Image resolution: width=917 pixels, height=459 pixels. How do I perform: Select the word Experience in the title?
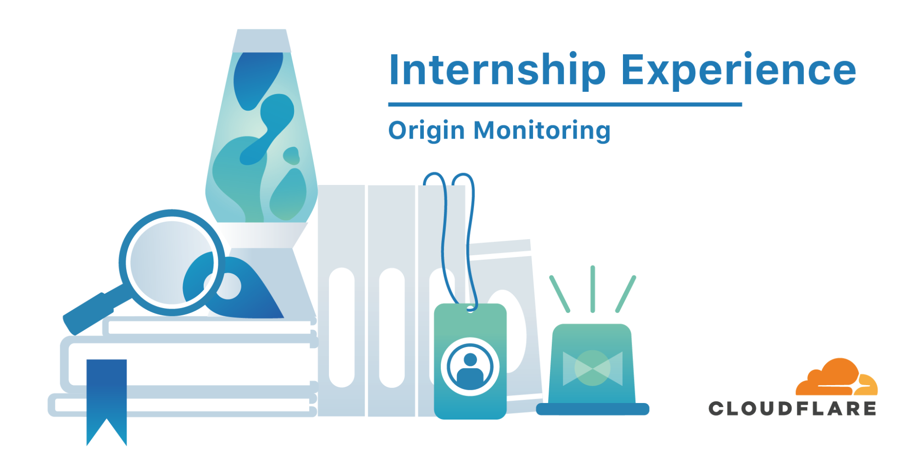tap(739, 70)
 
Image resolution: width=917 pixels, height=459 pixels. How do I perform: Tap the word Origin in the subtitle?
tap(427, 131)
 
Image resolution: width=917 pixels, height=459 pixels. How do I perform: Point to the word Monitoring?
tap(542, 131)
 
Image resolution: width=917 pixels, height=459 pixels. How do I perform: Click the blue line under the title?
tap(565, 105)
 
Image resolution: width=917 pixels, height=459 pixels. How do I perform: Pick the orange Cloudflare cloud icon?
tap(836, 377)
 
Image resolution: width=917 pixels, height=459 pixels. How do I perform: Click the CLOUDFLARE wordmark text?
tap(792, 409)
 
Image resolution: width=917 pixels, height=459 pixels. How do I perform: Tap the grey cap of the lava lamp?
tap(261, 41)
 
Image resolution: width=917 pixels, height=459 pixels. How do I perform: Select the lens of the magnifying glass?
tap(172, 263)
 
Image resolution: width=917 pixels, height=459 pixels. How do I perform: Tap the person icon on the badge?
tap(470, 367)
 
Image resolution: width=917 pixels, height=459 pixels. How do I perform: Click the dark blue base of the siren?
tap(593, 409)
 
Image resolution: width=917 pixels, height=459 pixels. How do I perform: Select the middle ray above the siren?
tap(593, 289)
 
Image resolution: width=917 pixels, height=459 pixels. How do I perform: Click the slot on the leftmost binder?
tap(342, 328)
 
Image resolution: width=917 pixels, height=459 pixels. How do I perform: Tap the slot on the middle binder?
tap(392, 328)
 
